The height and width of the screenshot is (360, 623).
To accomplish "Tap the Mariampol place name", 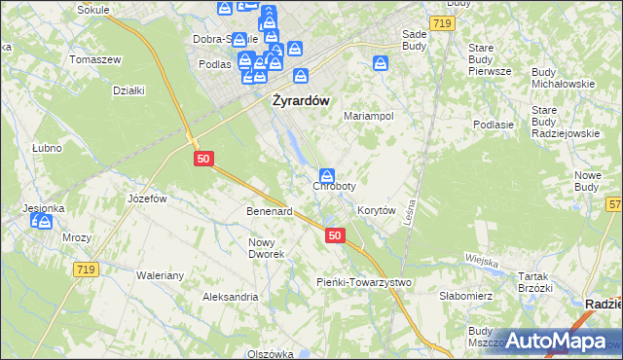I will [x=369, y=115].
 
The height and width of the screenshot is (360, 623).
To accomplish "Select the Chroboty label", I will [x=334, y=186].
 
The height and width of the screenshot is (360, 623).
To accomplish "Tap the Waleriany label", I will [x=161, y=275].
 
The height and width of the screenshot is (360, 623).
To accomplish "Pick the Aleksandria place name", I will [x=230, y=297].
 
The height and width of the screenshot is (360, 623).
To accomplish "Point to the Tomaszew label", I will [x=96, y=59].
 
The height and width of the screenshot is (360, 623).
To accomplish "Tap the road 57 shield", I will [x=614, y=203].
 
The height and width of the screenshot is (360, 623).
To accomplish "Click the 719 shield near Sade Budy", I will [x=441, y=21].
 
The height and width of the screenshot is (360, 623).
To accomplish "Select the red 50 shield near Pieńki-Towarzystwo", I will [x=335, y=235].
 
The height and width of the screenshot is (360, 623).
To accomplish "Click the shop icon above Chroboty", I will [x=328, y=175].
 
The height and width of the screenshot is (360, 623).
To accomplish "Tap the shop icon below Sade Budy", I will [x=382, y=64].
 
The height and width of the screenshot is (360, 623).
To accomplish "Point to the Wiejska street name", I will [x=481, y=261].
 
